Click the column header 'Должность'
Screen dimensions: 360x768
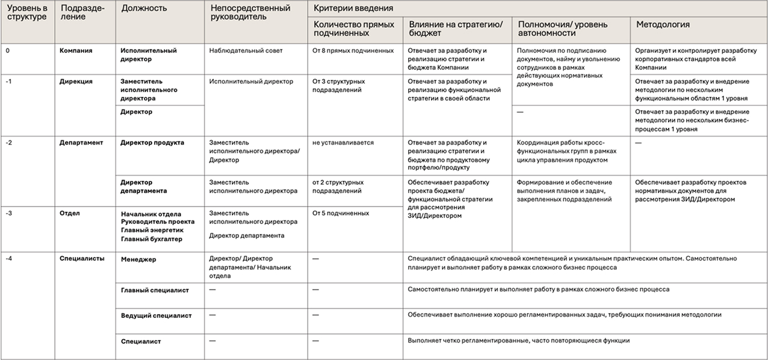point(144,8)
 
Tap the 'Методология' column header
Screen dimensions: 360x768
point(663,25)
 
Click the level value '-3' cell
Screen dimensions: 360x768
point(9,213)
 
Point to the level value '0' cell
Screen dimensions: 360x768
point(7,51)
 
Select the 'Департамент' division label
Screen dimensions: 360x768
point(81,143)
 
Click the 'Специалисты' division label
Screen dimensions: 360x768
point(82,258)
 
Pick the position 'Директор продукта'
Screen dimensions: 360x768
point(152,143)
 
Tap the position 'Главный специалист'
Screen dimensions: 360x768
point(155,290)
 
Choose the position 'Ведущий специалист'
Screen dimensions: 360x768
point(156,315)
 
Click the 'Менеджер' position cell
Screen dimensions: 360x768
point(138,259)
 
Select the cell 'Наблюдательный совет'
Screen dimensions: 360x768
point(246,51)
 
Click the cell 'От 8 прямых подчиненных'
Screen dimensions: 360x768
point(353,51)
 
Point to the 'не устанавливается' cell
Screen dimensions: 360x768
point(343,143)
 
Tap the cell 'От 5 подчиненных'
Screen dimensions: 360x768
point(341,213)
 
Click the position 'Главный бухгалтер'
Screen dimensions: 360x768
point(151,239)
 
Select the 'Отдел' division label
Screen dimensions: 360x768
point(70,213)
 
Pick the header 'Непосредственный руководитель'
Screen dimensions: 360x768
point(250,13)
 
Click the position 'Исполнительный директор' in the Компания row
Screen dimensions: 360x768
point(149,55)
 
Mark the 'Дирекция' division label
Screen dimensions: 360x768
point(76,81)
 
